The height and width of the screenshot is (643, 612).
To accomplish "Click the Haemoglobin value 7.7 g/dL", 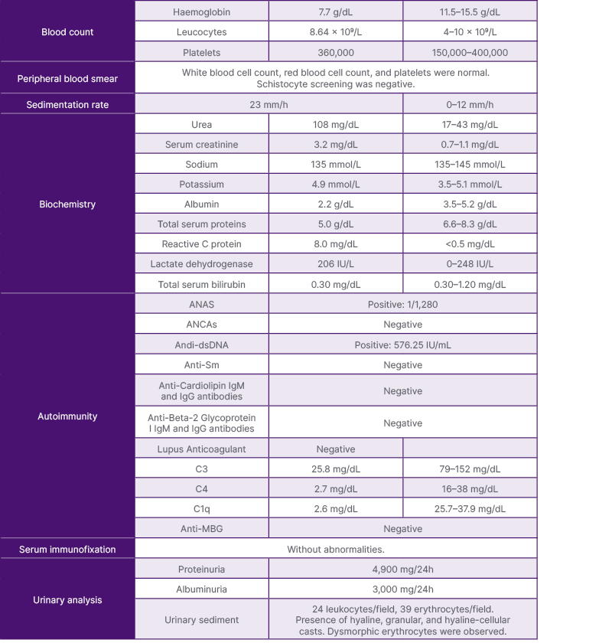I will point(335,12).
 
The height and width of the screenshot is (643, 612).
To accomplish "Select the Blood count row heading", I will point(67,32).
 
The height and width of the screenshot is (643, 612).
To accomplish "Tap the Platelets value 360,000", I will point(335,53).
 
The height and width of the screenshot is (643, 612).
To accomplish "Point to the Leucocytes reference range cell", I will point(470,33).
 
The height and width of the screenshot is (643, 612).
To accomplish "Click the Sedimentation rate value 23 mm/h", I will point(269,105).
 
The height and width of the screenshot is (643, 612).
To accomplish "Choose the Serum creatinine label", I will point(202,145).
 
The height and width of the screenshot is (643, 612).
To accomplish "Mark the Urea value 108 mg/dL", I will point(335,125).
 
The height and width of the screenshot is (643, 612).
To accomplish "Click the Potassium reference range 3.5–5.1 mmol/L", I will point(470,184).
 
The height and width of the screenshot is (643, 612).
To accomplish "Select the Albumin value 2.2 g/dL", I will point(335,204).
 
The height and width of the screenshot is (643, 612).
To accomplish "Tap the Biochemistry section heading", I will point(67,204).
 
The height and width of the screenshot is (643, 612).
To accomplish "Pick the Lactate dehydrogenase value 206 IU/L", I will point(335,264).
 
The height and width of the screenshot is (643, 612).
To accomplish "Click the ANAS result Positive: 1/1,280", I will point(402,304).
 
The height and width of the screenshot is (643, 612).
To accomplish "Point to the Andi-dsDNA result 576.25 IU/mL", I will point(402,345).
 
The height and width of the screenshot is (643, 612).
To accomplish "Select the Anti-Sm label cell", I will point(202,365).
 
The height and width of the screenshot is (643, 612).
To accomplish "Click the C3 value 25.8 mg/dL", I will point(335,469).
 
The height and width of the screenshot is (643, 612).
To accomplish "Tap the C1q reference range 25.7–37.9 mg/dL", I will point(470,509).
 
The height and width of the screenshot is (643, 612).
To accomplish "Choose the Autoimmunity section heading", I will point(67,416).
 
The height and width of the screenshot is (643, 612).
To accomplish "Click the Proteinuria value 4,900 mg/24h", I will point(402,570).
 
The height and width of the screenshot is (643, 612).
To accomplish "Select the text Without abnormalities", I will point(335,549).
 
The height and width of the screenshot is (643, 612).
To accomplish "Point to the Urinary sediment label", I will point(202,620).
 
